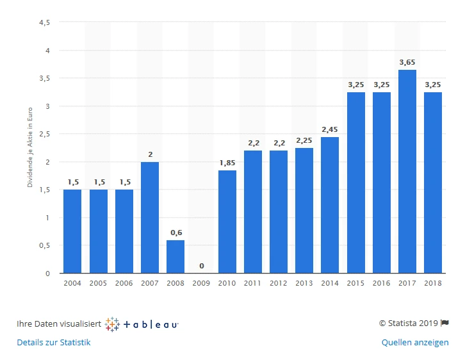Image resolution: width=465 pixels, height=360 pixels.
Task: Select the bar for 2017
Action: [407, 172]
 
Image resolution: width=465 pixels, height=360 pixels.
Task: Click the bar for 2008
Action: [175, 257]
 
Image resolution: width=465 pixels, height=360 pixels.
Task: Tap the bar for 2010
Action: [227, 222]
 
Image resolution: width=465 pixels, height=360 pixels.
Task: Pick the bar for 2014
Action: [330, 205]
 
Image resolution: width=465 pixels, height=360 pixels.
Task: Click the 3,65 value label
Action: [407, 62]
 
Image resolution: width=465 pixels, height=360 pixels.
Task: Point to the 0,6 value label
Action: [175, 233]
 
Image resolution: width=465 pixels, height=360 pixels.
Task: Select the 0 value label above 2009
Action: [201, 266]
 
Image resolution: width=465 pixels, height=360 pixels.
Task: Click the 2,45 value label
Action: [330, 129]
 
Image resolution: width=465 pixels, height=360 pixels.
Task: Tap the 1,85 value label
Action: [227, 163]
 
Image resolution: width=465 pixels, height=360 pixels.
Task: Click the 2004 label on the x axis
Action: [72, 282]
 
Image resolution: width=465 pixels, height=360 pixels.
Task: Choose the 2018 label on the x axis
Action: [433, 282]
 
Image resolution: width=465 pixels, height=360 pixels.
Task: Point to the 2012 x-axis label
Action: [279, 282]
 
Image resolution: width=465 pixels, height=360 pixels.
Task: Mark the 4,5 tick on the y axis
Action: [45, 22]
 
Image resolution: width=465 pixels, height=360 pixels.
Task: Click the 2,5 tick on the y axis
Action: [45, 134]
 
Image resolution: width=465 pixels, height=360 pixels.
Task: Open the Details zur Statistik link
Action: [54, 343]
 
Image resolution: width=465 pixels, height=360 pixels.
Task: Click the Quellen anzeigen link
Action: [415, 343]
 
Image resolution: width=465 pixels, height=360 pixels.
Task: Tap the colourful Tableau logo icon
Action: [112, 324]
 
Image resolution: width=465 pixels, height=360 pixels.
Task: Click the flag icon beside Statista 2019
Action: [445, 323]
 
